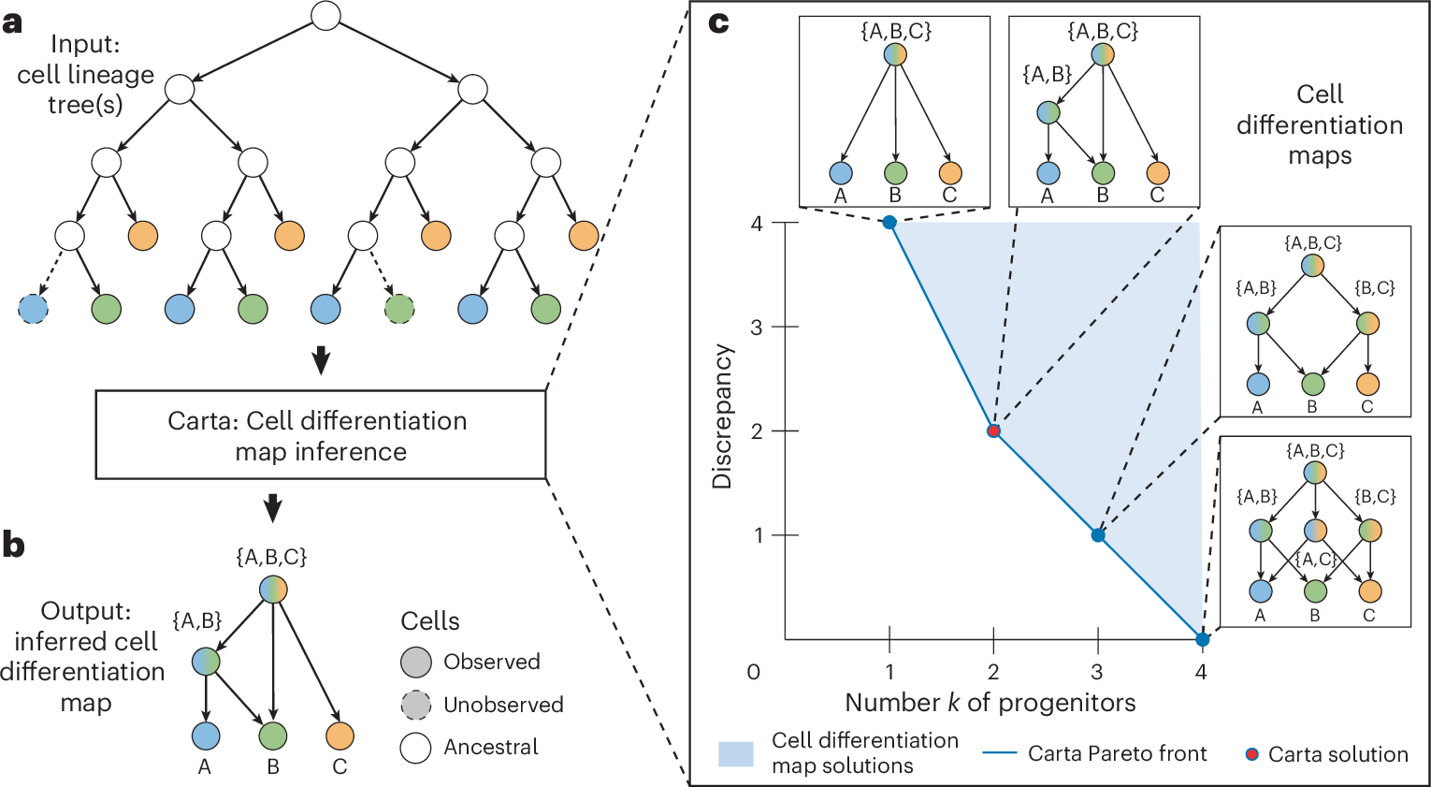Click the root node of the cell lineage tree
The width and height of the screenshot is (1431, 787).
click(x=325, y=16)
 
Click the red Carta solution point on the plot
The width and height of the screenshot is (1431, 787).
click(x=993, y=430)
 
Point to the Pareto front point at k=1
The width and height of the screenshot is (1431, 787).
click(x=889, y=222)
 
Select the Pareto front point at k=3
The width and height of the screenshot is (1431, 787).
click(x=1098, y=535)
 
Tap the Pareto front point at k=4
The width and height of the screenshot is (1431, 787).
click(x=1202, y=640)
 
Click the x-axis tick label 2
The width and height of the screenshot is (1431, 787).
click(x=993, y=671)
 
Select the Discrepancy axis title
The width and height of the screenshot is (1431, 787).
click(x=722, y=416)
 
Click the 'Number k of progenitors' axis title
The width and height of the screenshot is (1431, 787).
click(x=990, y=703)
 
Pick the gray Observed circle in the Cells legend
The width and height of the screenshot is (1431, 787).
click(x=416, y=663)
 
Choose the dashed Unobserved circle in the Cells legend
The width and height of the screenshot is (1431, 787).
click(x=416, y=705)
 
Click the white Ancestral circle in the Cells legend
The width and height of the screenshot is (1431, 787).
click(x=416, y=748)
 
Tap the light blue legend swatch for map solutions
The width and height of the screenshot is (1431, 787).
click(x=735, y=753)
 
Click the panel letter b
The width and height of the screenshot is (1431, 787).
click(x=13, y=546)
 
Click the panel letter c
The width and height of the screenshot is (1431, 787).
click(x=718, y=22)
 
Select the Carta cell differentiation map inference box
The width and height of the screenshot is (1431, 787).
click(x=321, y=435)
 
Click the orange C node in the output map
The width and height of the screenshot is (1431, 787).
click(x=340, y=736)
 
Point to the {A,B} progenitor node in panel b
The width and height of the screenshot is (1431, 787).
click(x=206, y=662)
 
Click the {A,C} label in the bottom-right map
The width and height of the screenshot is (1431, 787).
click(x=1315, y=560)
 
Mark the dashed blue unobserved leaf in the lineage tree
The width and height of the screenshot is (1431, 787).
click(x=33, y=309)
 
